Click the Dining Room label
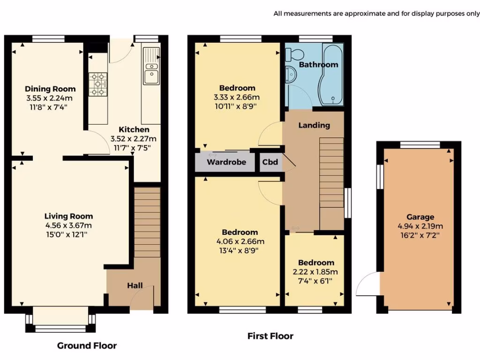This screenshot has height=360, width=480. click(50, 89)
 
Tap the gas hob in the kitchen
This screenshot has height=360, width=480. click(98, 84)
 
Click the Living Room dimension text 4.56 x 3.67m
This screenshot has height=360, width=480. click(68, 225)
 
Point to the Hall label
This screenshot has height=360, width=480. click(135, 285)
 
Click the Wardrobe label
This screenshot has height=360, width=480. click(226, 162)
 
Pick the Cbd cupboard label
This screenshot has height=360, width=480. click(270, 162)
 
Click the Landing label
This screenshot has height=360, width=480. click(314, 125)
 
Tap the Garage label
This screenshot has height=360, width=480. click(420, 217)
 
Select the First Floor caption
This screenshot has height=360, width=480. click(270, 336)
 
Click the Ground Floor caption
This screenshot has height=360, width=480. click(87, 345)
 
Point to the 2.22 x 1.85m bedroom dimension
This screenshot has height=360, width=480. click(315, 272)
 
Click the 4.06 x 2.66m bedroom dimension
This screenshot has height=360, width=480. click(240, 241)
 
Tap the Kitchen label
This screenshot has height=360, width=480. click(134, 129)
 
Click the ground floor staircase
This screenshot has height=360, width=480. click(147, 222)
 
